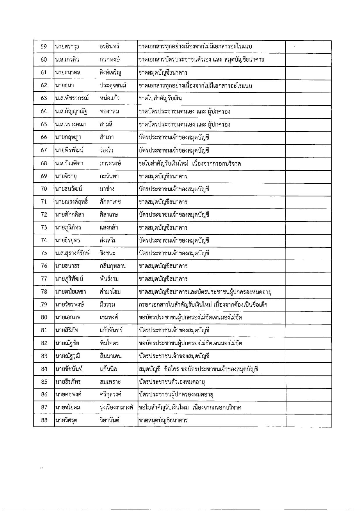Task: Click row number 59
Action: (44, 47)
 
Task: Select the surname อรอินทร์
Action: (109, 47)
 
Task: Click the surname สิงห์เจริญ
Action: (110, 73)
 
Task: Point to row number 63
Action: (44, 98)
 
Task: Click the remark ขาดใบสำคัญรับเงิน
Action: (160, 98)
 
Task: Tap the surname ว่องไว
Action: (106, 150)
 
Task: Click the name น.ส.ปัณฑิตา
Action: (69, 163)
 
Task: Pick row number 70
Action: (44, 189)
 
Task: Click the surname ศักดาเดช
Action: (110, 202)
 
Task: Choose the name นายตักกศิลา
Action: (69, 215)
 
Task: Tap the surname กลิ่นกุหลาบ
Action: (113, 266)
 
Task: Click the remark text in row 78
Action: (205, 292)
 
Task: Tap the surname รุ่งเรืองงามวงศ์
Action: (116, 408)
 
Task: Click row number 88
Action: (44, 420)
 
